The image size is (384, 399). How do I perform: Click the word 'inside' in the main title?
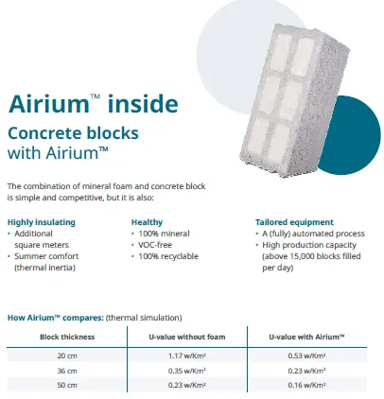coord(143,103)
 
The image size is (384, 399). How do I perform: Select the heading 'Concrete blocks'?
coord(73,133)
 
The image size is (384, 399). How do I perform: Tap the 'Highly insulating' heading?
coord(42,222)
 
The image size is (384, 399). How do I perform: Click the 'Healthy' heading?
coord(147,222)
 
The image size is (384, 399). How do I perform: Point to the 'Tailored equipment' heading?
coord(294,222)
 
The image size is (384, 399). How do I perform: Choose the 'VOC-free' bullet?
coord(155,245)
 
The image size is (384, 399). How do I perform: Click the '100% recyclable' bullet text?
coord(168,256)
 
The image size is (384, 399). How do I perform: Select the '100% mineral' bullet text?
coord(164,234)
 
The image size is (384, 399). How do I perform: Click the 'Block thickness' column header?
coord(67,337)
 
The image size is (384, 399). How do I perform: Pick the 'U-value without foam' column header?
coord(187,337)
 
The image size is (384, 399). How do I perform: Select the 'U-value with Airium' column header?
coord(306,337)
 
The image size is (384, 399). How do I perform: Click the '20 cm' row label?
coord(67,356)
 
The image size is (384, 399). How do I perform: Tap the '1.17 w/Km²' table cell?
coord(187,356)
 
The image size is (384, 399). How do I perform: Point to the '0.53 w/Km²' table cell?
coord(306,356)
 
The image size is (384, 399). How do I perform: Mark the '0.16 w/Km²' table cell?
coord(306,385)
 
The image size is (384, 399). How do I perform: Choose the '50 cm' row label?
coord(67,385)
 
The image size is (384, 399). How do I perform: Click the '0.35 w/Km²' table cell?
coord(187,371)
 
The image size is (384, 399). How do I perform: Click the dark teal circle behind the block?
coord(357,135)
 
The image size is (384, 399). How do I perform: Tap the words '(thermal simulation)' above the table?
coord(144,318)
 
